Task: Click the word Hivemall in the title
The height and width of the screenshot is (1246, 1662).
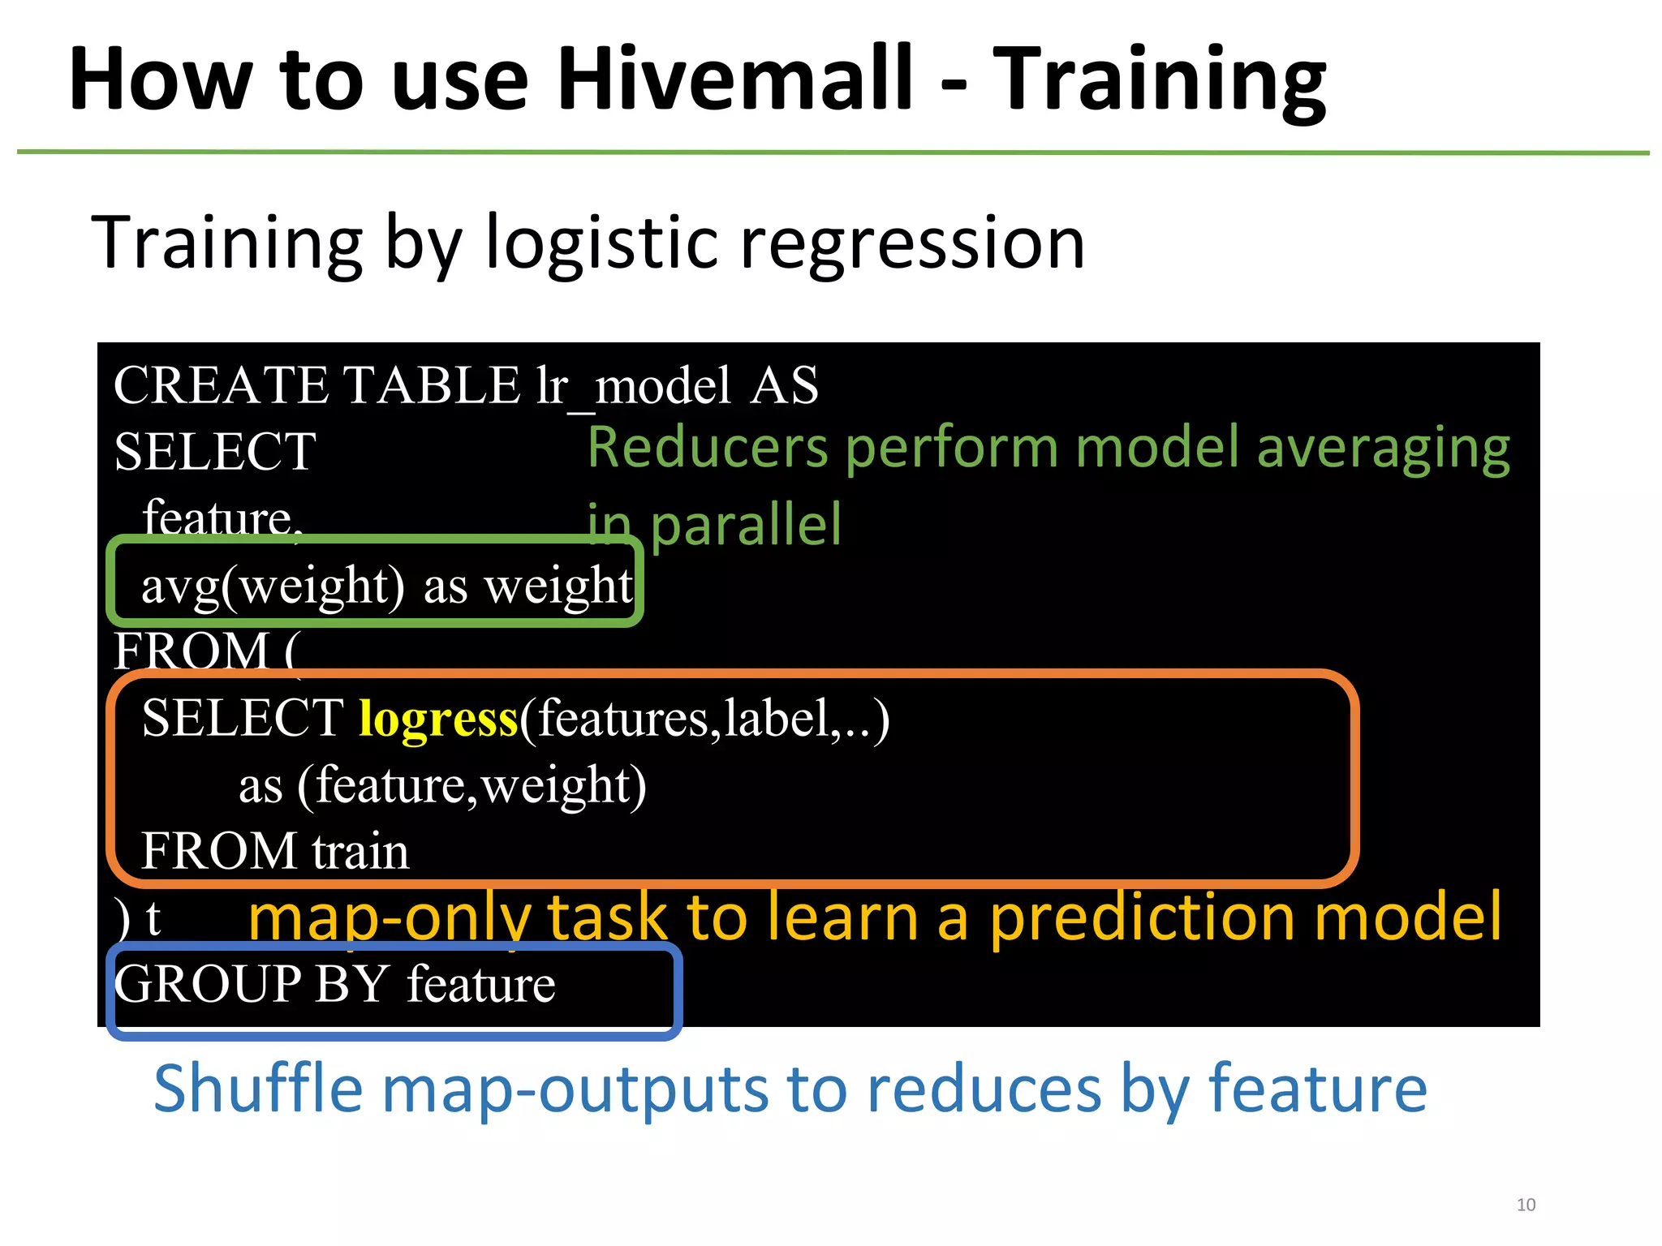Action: pos(735,79)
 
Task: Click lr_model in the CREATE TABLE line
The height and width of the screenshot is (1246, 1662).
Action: pos(633,386)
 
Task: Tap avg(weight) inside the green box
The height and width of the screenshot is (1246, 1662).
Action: pos(273,586)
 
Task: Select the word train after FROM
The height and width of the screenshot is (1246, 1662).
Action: pos(361,852)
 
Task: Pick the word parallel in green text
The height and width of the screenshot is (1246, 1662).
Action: pos(746,525)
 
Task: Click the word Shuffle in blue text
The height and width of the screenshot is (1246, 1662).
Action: pos(258,1089)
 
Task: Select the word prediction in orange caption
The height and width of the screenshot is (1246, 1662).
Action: pos(1141,917)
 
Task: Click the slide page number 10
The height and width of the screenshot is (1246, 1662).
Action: pos(1526,1205)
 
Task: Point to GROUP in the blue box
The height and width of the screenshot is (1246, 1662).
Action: pos(208,985)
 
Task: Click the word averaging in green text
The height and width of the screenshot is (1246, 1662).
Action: pos(1383,448)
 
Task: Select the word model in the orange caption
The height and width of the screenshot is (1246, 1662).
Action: pos(1407,917)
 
